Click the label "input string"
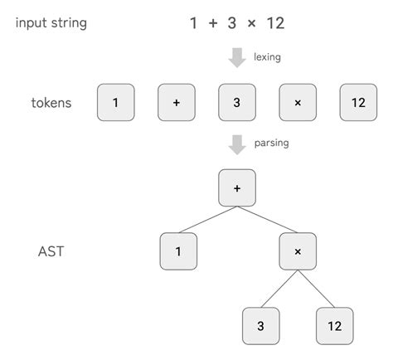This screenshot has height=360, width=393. [x=51, y=22]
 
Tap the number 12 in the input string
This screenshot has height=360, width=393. [x=276, y=23]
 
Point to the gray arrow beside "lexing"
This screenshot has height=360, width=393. [x=237, y=57]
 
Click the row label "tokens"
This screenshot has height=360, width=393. [x=51, y=103]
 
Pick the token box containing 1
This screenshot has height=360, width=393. [x=116, y=103]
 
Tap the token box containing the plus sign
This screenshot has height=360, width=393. [x=177, y=103]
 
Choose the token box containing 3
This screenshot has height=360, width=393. [x=237, y=103]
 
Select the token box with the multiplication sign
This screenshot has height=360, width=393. [x=298, y=103]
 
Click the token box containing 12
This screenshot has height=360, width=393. [x=358, y=103]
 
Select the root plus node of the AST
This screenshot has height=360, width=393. [x=237, y=187]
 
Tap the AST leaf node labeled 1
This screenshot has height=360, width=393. [x=178, y=251]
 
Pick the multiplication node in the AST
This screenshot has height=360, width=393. [x=298, y=251]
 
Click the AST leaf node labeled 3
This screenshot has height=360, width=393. [x=261, y=326]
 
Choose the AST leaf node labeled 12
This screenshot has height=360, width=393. [x=334, y=326]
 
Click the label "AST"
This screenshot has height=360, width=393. [x=51, y=251]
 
